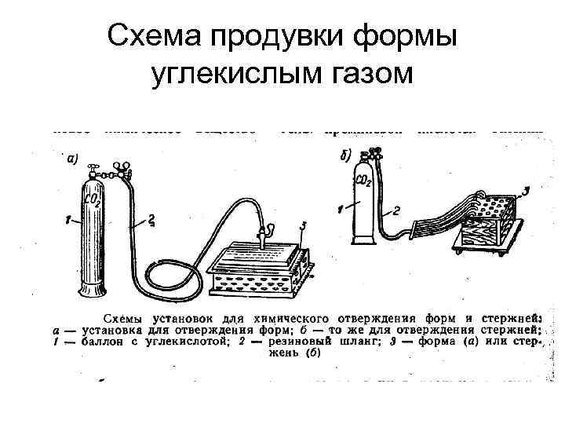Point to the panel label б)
tap(346, 156)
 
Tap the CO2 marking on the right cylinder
tap(363, 183)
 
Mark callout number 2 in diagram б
tap(396, 210)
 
